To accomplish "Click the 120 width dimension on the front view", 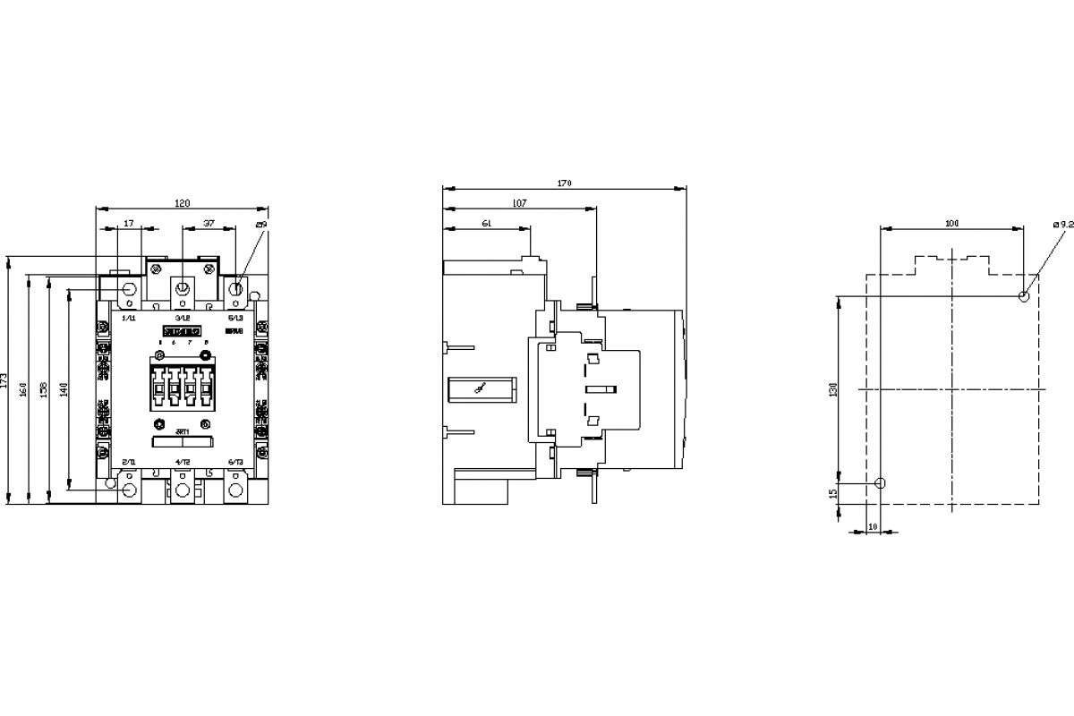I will (x=182, y=204).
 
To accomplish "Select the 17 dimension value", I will (x=129, y=224).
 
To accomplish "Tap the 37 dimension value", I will (x=209, y=224).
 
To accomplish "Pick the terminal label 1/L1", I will (x=128, y=318).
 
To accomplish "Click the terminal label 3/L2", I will (x=183, y=318).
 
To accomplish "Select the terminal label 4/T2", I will (x=183, y=461).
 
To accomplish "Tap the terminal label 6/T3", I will (x=236, y=461).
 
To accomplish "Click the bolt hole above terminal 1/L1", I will (x=128, y=289).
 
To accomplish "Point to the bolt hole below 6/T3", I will (x=236, y=490).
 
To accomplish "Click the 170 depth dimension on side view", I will (x=564, y=183).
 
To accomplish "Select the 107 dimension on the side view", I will (x=519, y=204).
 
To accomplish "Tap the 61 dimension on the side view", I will (x=486, y=224).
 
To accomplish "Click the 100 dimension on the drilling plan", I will (x=951, y=223).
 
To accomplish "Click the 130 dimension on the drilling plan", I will (x=832, y=389).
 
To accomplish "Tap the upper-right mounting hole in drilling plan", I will (x=1024, y=295).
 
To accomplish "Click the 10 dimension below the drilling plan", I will (x=873, y=526).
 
